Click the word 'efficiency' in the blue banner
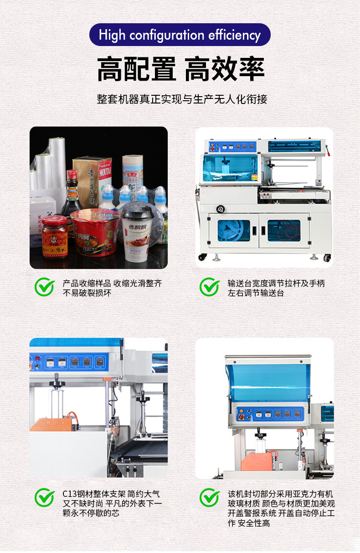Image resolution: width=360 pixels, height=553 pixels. click(234, 35)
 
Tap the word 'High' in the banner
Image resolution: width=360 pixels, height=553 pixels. click(112, 35)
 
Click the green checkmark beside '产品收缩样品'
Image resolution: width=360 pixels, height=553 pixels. click(45, 287)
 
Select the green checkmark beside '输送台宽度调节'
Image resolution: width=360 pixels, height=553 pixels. click(210, 287)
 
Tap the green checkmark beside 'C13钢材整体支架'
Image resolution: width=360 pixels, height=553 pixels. click(45, 497)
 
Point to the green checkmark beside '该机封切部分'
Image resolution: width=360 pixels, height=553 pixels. click(210, 497)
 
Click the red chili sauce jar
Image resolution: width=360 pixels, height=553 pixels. click(55, 237)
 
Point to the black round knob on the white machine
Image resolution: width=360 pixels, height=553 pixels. click(220, 209)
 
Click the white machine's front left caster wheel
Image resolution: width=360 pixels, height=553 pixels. click(202, 257)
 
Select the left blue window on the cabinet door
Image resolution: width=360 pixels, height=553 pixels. click(234, 231)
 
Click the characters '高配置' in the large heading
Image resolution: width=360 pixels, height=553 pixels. click(136, 69)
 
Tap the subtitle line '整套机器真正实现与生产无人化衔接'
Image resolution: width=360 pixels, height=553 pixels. click(182, 99)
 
